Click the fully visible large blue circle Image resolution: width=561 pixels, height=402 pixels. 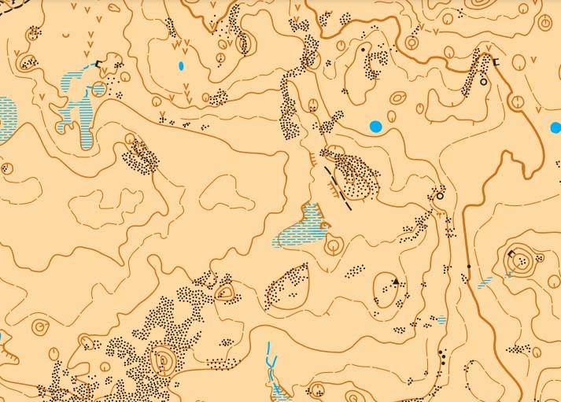click(x=375, y=126)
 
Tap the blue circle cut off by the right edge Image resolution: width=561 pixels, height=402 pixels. click(x=555, y=127)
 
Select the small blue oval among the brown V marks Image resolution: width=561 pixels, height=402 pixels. click(x=182, y=65)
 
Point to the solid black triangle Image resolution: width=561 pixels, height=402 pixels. click(x=395, y=282)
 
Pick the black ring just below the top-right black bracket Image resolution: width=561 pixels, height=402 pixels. click(x=483, y=81)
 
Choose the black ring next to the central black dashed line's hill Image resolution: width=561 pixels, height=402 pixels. click(x=441, y=196)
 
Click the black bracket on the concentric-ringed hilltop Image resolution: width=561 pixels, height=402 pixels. click(x=512, y=253)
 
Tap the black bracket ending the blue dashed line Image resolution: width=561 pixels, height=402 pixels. click(x=98, y=63)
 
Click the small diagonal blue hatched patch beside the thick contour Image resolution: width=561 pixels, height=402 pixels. click(x=485, y=280)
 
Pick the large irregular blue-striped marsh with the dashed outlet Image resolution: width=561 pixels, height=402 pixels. click(x=79, y=106)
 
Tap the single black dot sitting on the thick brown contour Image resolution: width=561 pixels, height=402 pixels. click(x=469, y=267)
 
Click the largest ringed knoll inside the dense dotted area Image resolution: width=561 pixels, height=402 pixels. click(x=164, y=361)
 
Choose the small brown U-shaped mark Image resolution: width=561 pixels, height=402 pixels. click(x=70, y=35)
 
